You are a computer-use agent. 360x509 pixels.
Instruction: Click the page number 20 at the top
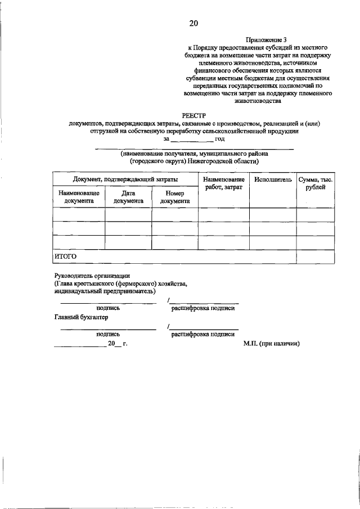pos(193,23)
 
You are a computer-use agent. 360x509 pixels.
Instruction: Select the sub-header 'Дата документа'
pos(128,196)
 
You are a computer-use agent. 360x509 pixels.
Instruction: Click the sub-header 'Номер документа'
pos(175,196)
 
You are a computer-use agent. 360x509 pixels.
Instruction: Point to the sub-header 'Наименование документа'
pos(79,196)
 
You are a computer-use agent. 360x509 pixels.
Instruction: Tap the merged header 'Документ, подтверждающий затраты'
pos(125,179)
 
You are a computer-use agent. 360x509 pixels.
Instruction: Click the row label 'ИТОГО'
pos(65,256)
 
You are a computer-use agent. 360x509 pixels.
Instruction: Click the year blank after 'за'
pos(191,138)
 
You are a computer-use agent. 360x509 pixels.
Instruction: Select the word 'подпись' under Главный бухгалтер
pos(108,334)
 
